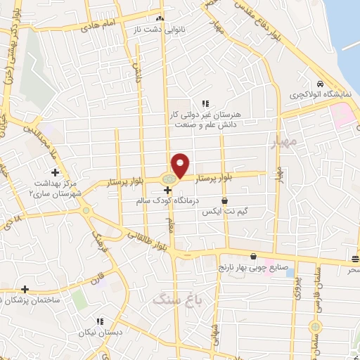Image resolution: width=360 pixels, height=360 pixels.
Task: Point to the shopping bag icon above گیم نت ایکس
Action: [x=224, y=200]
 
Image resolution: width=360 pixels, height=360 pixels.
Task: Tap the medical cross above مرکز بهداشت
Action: [x=55, y=172]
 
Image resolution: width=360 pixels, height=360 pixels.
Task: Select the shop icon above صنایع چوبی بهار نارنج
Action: [x=252, y=257]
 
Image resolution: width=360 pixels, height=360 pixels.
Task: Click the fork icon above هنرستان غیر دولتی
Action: [x=205, y=103]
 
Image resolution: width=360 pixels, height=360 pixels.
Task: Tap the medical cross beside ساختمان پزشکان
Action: [x=25, y=289]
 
